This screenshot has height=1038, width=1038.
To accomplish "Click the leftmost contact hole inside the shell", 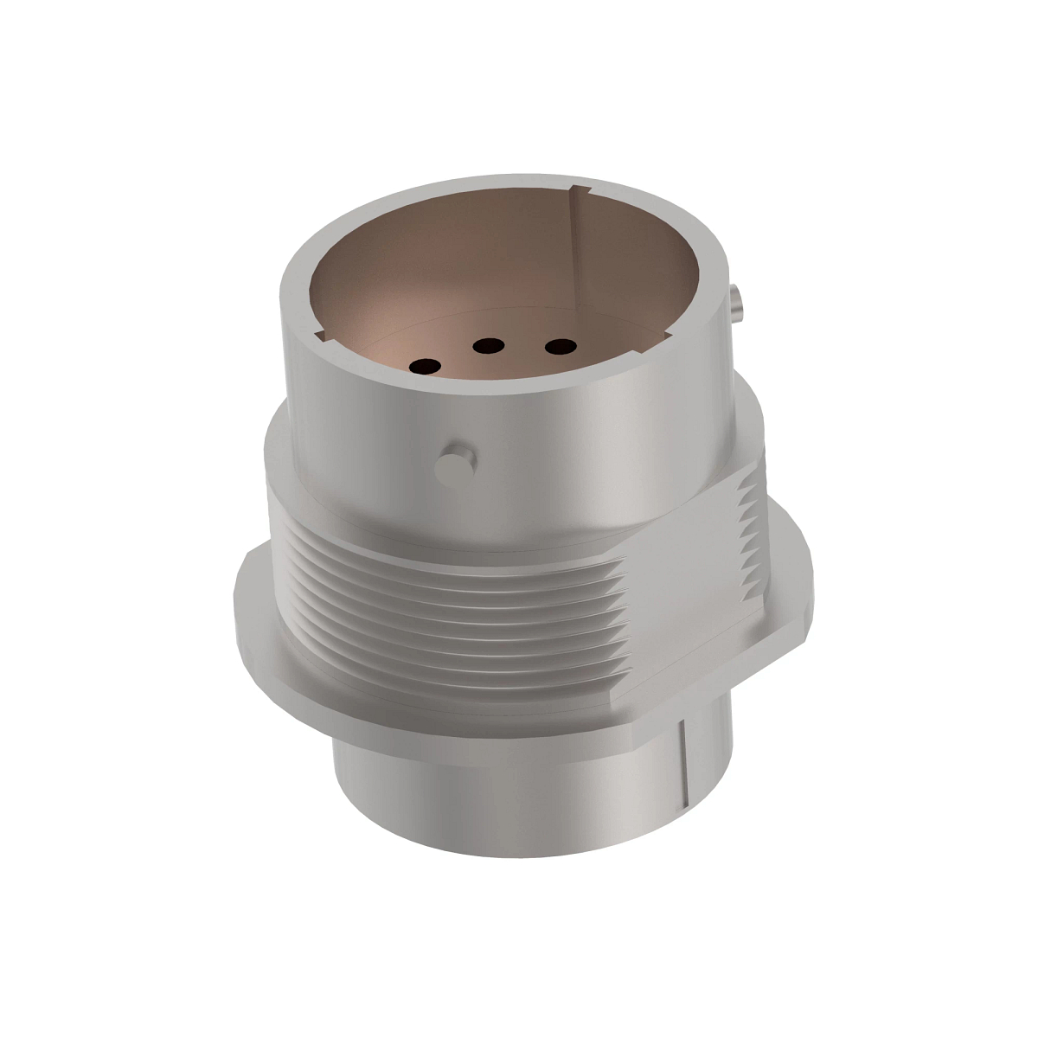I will [x=424, y=367].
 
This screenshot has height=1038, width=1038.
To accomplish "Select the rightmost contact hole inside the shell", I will [x=561, y=348].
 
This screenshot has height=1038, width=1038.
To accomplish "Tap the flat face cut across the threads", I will [x=683, y=597].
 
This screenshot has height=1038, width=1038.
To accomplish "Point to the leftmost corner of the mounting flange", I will [x=235, y=597].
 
